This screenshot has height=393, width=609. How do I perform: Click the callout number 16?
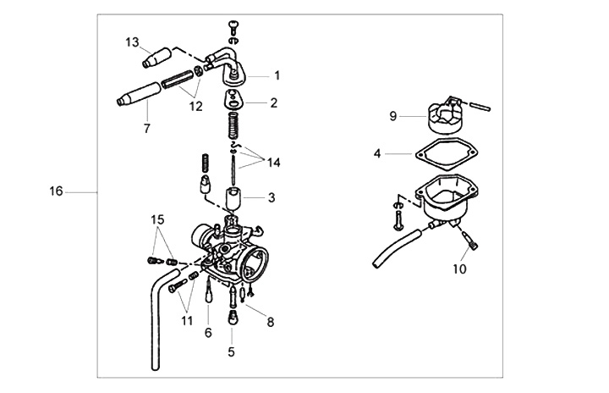click(x=56, y=191)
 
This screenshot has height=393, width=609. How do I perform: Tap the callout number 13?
click(x=132, y=42)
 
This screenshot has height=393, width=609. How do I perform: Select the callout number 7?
click(x=147, y=128)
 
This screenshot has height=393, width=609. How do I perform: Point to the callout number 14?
click(x=273, y=163)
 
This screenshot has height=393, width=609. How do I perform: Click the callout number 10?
click(x=459, y=268)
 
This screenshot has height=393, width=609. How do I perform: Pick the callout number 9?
click(x=393, y=116)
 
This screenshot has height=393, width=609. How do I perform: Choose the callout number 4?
click(x=377, y=153)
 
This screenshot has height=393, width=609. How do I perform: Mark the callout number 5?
click(x=232, y=352)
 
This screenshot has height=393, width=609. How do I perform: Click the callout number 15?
click(x=157, y=220)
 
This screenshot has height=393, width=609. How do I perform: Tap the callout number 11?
click(x=187, y=321)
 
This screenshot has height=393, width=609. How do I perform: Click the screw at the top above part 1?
click(x=233, y=27)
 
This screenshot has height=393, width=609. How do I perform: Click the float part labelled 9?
click(x=443, y=115)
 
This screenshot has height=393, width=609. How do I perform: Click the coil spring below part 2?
click(x=233, y=125)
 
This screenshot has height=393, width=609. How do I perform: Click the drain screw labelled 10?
click(x=470, y=241)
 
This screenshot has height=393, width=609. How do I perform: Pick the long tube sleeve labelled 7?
click(x=139, y=94)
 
